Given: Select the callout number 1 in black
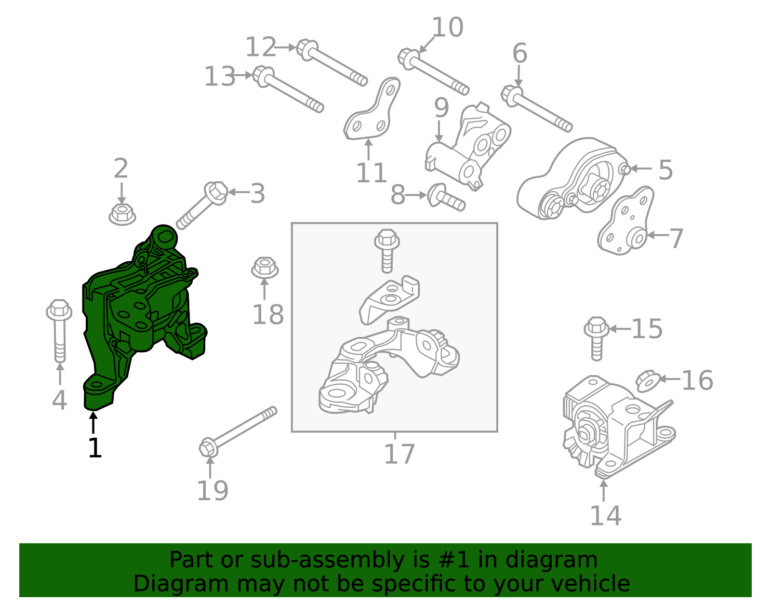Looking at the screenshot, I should [95, 448].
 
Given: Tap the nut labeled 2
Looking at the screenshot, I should [121, 214].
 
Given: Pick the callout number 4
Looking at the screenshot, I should [59, 400].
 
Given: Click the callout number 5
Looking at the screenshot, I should [665, 170].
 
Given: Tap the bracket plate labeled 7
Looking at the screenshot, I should [626, 222].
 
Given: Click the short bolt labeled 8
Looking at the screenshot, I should [446, 198].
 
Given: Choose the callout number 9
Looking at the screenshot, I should [441, 108].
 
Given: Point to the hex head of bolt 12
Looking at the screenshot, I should [306, 49].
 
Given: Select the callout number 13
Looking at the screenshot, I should [220, 76].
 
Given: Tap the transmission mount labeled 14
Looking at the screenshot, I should [617, 424].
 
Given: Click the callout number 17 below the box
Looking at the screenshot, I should [399, 454].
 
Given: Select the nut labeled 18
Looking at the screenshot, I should [265, 268].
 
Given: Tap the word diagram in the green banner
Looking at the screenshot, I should [537, 560].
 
